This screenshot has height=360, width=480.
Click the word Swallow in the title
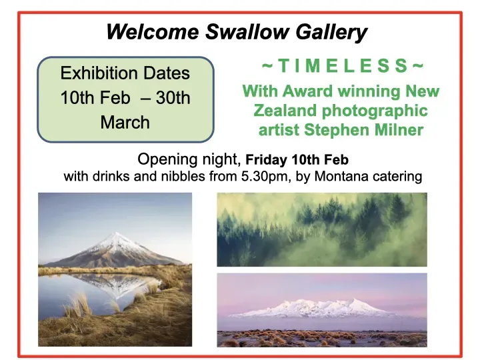(247, 31)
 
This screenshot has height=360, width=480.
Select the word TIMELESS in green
(343, 66)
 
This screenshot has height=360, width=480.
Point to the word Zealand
(285, 111)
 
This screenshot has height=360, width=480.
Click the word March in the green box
(125, 123)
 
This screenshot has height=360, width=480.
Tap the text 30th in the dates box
(173, 98)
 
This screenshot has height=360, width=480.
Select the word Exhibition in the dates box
(99, 73)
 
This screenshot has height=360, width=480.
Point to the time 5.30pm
(266, 177)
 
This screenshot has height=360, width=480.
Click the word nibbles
(183, 176)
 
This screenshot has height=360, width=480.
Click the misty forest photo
(322, 229)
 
